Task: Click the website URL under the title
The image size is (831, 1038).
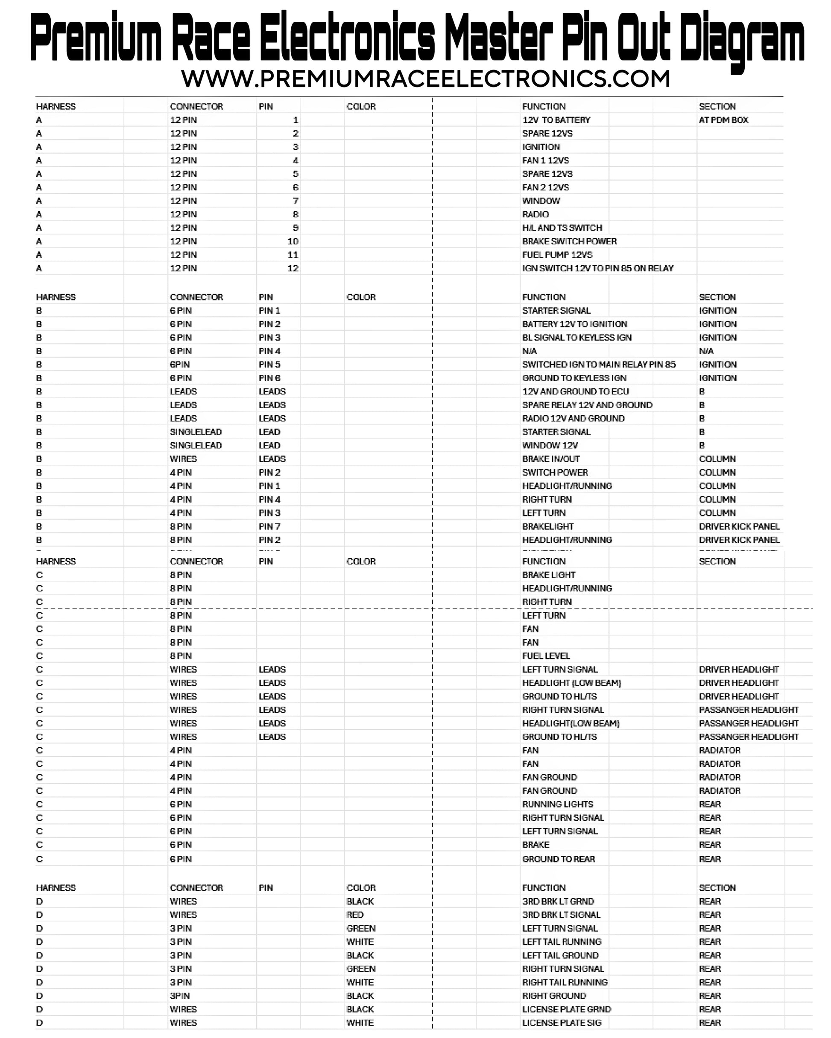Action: [425, 79]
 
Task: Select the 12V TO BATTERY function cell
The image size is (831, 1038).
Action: [556, 120]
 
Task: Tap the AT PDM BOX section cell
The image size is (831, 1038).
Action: [723, 120]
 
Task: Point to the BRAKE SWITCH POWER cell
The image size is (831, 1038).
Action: [569, 241]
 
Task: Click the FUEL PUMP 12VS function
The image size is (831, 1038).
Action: [557, 255]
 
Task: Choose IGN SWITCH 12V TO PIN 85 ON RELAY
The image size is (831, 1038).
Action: [597, 268]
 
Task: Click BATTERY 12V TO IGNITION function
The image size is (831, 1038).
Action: [574, 324]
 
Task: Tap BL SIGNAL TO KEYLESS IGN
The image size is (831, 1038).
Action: [576, 338]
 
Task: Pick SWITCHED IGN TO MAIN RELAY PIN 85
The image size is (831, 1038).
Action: [599, 364]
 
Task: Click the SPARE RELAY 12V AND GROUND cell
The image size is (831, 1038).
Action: [587, 405]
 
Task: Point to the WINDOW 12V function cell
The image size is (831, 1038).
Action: [550, 445]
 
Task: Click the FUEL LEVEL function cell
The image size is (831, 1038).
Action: [546, 656]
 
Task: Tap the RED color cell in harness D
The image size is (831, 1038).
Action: [354, 915]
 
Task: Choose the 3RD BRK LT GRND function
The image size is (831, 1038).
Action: [558, 901]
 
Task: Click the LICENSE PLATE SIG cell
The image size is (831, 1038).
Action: [561, 1023]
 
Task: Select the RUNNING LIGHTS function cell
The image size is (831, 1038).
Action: [557, 804]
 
